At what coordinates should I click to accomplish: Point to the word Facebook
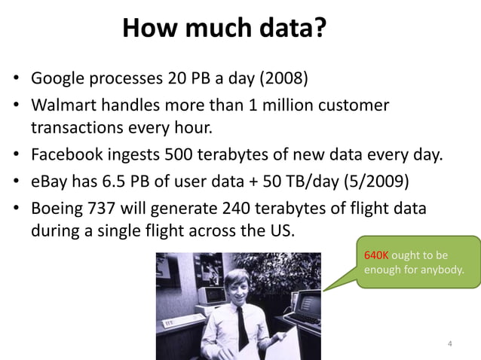(66, 157)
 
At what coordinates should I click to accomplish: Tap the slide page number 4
(450, 344)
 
